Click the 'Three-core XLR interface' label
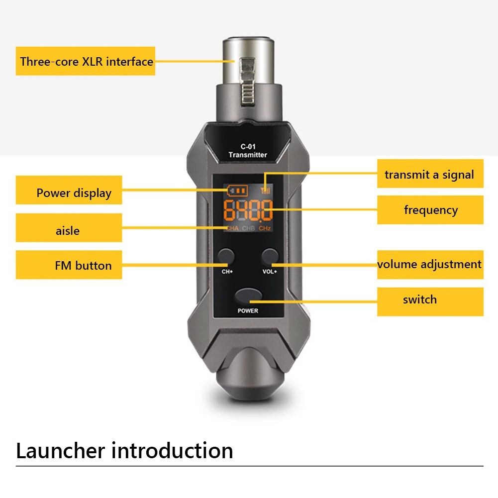point(86,61)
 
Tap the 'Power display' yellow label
point(69,190)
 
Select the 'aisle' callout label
point(69,228)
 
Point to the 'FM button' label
point(69,265)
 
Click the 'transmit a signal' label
point(430,174)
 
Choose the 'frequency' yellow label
point(430,209)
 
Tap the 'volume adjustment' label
point(430,265)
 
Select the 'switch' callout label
point(430,301)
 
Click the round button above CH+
point(226,256)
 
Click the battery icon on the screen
point(238,191)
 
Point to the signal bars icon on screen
point(266,190)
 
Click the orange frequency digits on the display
point(248,210)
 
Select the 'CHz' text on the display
point(265,228)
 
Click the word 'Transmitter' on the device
point(248,155)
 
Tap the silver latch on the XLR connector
point(248,81)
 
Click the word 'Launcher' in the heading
point(60,450)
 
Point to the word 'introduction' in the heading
point(172,450)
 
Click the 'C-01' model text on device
point(248,146)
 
